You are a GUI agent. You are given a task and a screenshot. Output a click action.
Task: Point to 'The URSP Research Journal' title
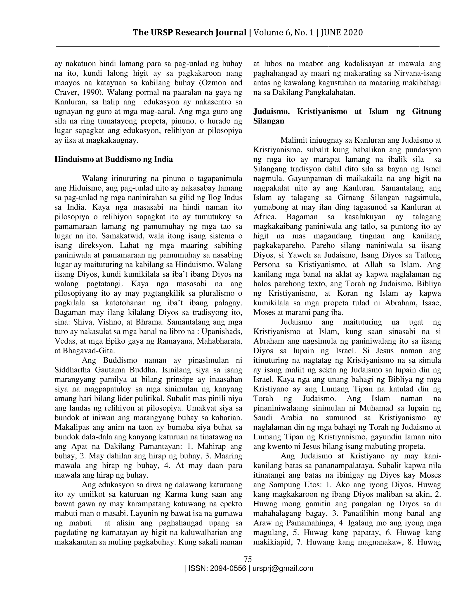click(189, 33)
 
